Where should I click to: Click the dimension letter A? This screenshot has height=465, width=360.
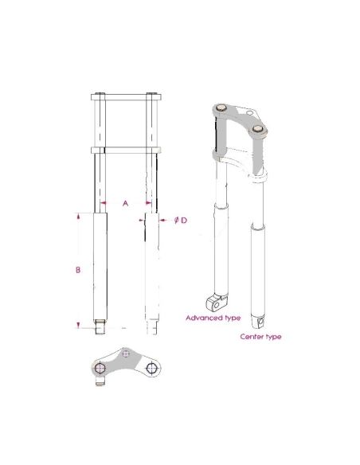pyautogui.click(x=124, y=204)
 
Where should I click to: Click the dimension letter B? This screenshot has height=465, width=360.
pyautogui.click(x=78, y=270)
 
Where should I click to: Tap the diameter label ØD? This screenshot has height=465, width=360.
pyautogui.click(x=180, y=220)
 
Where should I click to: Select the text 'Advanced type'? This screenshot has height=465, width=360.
pyautogui.click(x=213, y=318)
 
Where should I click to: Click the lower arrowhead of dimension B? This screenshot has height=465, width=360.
pyautogui.click(x=78, y=324)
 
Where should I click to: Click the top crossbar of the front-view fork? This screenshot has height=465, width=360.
pyautogui.click(x=127, y=97)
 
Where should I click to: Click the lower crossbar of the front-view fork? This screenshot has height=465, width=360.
pyautogui.click(x=127, y=149)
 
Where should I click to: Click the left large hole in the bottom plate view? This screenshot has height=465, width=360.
pyautogui.click(x=100, y=369)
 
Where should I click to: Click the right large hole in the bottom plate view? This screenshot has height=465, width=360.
pyautogui.click(x=152, y=369)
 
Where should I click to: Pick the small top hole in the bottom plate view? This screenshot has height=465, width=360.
pyautogui.click(x=127, y=354)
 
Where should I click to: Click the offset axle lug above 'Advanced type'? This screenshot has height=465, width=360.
pyautogui.click(x=213, y=301)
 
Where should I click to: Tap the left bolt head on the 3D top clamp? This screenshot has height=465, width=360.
pyautogui.click(x=222, y=108)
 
